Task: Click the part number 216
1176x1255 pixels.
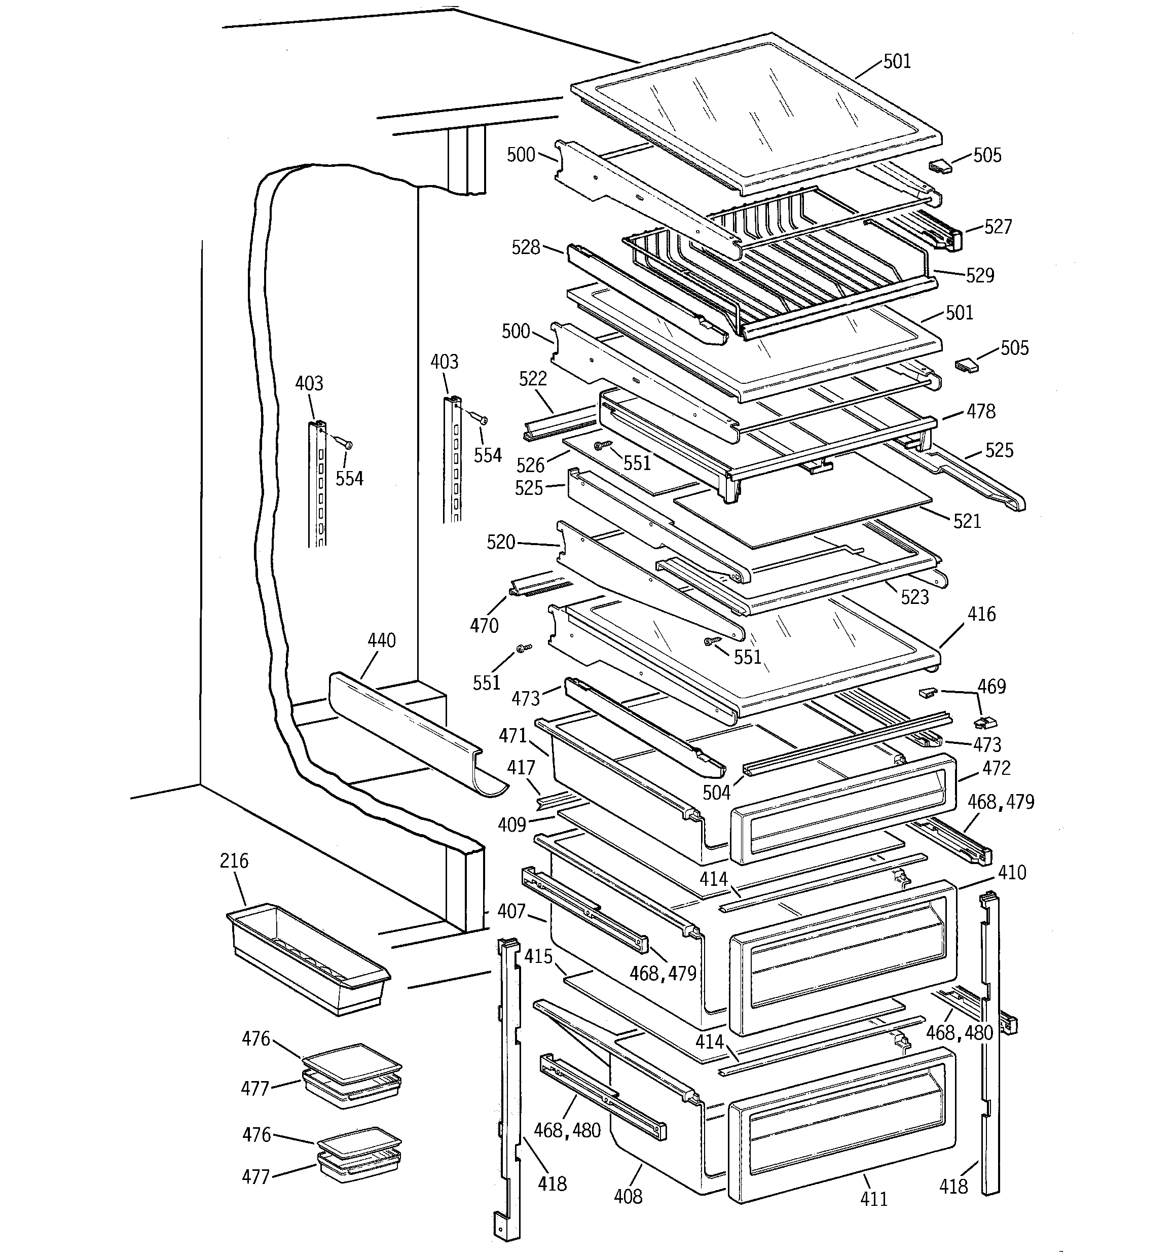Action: [x=234, y=861]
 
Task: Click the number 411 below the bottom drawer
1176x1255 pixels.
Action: [x=873, y=1199]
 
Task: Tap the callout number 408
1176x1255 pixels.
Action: [x=628, y=1196]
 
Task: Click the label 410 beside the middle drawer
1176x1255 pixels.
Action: [x=1012, y=873]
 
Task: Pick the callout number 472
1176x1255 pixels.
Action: [x=997, y=768]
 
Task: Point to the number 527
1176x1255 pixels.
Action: [x=998, y=227]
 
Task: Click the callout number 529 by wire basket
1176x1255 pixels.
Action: [x=980, y=275]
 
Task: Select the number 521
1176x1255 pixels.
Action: [x=967, y=521]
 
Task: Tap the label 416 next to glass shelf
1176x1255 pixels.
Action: [x=981, y=614]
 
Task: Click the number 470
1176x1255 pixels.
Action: [x=484, y=625]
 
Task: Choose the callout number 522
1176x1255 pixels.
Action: [x=533, y=378]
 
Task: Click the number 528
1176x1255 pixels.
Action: [x=526, y=247]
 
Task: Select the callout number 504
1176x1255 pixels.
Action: [x=716, y=792]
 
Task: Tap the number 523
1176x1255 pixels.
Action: [x=914, y=596]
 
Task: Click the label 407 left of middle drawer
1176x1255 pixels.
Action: [x=511, y=911]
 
